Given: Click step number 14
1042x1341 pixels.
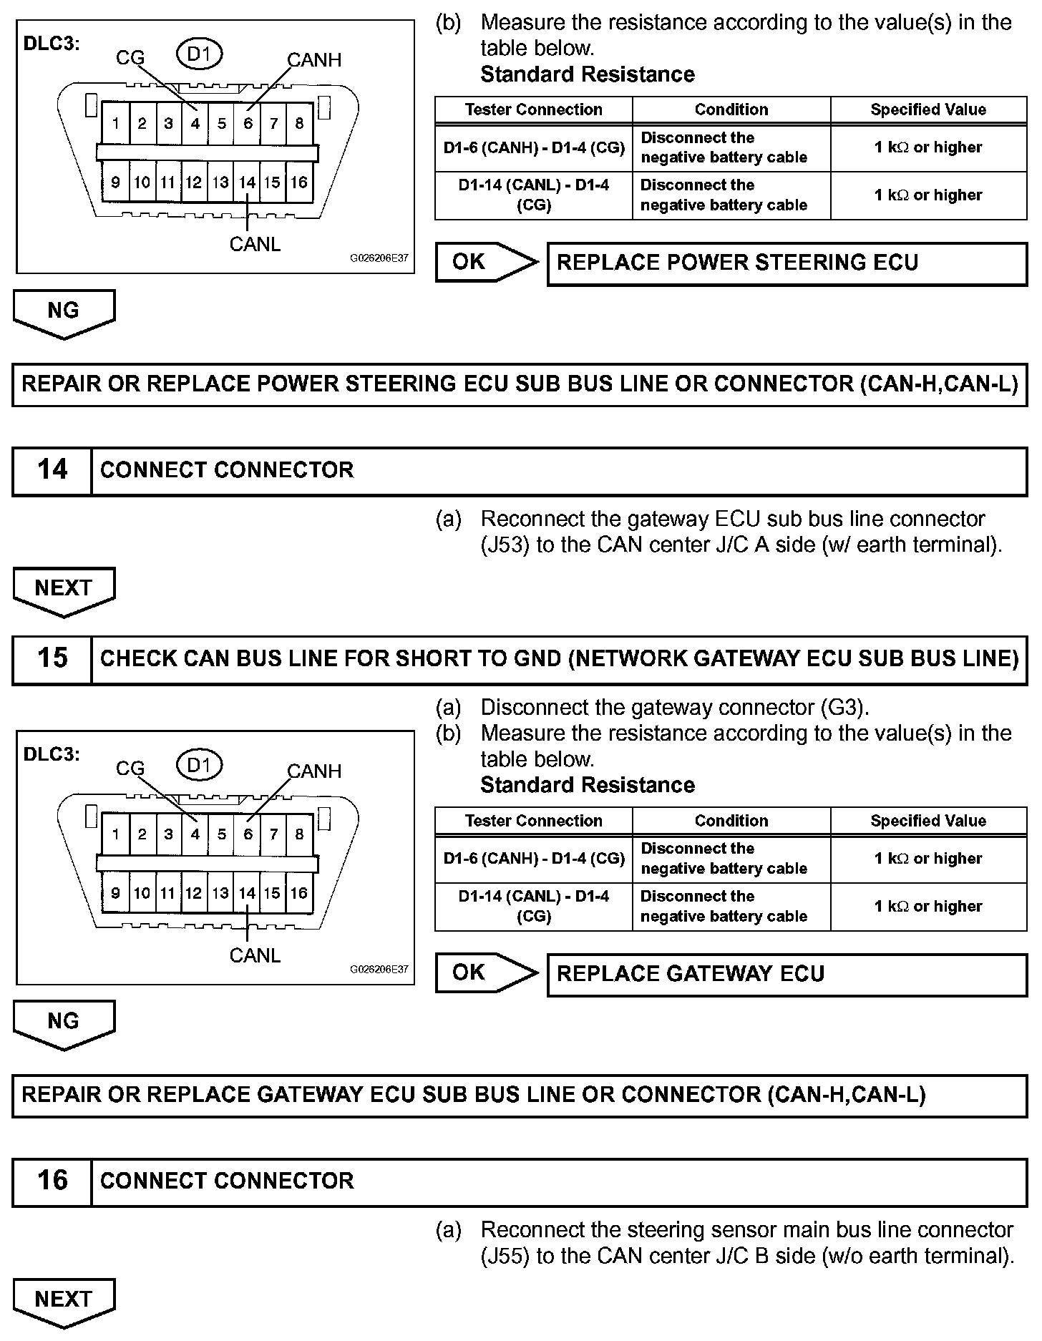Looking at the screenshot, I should point(52,470).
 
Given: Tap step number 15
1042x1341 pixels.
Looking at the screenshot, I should point(52,658).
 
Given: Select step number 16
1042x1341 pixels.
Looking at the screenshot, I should point(52,1180).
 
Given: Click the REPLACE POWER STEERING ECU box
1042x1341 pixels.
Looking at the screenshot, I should point(787,263).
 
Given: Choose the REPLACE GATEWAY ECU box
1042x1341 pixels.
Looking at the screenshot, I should point(787,974).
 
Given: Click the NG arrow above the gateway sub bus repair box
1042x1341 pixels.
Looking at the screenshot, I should point(64,1023).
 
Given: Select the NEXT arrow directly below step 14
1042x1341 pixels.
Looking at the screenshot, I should point(64,590).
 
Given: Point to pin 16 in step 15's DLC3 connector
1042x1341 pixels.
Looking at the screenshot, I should point(298,893).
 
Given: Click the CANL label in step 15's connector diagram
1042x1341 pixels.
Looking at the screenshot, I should point(255,955).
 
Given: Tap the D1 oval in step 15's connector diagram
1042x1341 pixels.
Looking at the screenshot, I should point(199,766).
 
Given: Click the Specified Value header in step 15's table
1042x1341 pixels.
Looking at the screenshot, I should point(928,821).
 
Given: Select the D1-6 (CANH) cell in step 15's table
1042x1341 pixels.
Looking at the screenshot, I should point(534,858).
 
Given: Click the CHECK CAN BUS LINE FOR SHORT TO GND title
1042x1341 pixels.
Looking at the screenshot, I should point(559,658).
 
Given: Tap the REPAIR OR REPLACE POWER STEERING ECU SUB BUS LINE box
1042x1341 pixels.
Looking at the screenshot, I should point(520,384).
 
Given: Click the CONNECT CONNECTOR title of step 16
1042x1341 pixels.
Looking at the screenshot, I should point(227,1180).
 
